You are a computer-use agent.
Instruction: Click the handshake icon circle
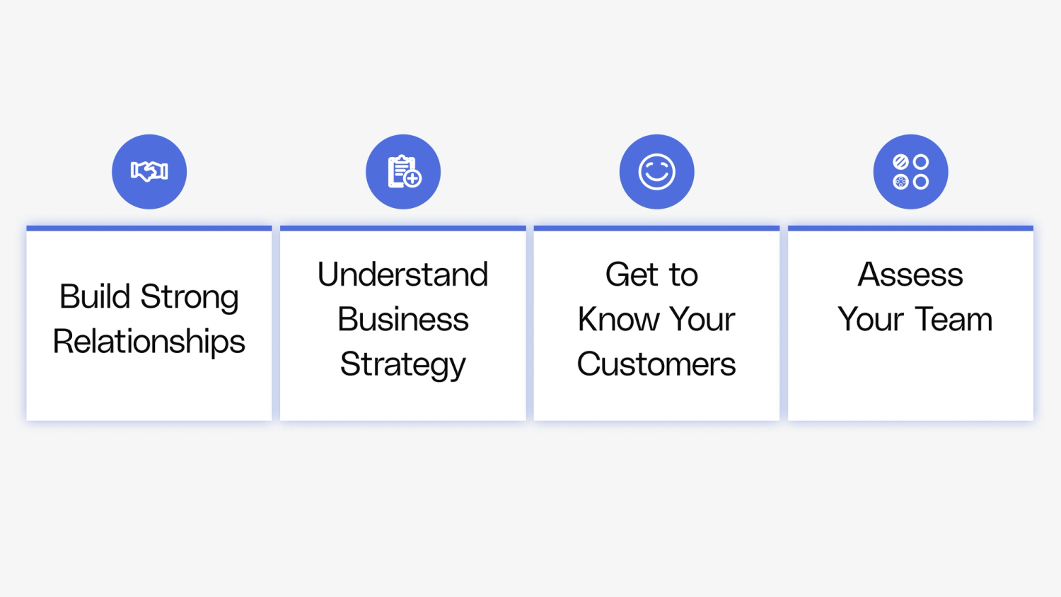click(x=149, y=172)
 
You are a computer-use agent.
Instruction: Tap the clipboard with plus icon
click(x=403, y=172)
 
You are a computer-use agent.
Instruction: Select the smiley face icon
click(x=657, y=172)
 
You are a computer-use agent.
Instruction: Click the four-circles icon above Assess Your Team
click(x=910, y=172)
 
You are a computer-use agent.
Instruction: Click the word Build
click(x=95, y=296)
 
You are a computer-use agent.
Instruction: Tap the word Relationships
click(x=149, y=342)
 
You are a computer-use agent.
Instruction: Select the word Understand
click(x=402, y=274)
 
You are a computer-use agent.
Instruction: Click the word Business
click(x=402, y=320)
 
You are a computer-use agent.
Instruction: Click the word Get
click(x=632, y=274)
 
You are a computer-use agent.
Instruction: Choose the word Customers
click(x=656, y=364)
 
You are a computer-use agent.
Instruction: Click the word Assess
click(x=910, y=274)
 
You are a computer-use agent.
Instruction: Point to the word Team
click(x=955, y=320)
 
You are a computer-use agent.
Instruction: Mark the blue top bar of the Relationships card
click(x=149, y=228)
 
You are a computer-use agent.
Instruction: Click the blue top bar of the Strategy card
click(x=402, y=228)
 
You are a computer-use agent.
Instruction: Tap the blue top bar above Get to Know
click(x=656, y=228)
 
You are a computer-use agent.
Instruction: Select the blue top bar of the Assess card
click(x=910, y=228)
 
